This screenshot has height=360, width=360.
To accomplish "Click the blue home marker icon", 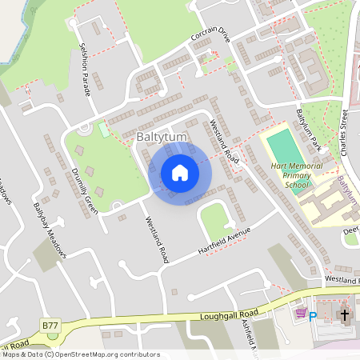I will [x=180, y=172].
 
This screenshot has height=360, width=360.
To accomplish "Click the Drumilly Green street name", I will [x=84, y=190].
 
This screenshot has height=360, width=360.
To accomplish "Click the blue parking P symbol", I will [x=314, y=316].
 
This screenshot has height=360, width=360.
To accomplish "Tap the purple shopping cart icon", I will [x=300, y=314].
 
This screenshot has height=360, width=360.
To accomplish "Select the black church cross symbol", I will [x=344, y=315].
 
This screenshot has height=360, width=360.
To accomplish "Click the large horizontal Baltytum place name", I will [x=161, y=137].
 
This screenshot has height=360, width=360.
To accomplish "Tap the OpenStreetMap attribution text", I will [x=80, y=354].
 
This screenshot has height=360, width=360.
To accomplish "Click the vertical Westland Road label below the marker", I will [x=156, y=240].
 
